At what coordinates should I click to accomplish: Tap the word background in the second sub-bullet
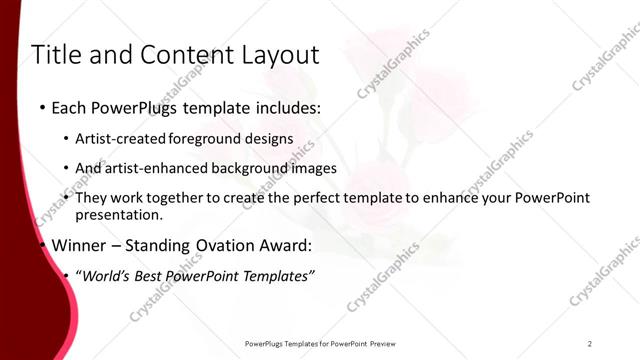pyautogui.click(x=246, y=168)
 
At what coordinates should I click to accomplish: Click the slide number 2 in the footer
pyautogui.click(x=590, y=343)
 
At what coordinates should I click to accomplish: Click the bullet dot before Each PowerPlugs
pyautogui.click(x=42, y=107)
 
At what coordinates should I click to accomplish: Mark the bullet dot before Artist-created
pyautogui.click(x=66, y=139)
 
